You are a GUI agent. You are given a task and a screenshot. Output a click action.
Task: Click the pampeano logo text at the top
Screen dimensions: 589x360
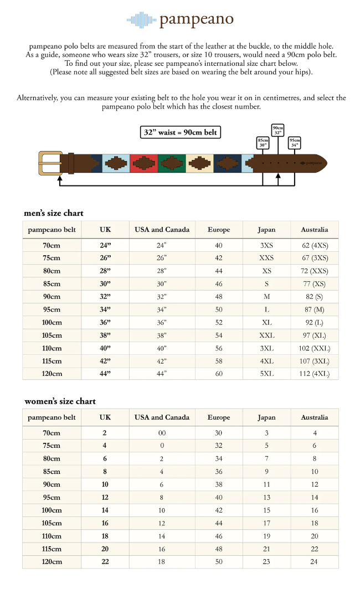pyautogui.click(x=196, y=20)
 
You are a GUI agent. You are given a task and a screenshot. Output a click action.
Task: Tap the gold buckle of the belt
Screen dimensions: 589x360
pyautogui.click(x=49, y=162)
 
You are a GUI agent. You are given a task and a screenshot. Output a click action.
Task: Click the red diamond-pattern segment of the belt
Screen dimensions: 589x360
pyautogui.click(x=143, y=163)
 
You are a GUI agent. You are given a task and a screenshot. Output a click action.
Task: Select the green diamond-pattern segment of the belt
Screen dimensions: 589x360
pyautogui.click(x=172, y=163)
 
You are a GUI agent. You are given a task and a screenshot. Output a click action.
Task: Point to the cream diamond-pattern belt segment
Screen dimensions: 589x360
pyautogui.click(x=199, y=163)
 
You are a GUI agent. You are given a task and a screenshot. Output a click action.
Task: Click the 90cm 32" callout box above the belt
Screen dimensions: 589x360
pyautogui.click(x=277, y=130)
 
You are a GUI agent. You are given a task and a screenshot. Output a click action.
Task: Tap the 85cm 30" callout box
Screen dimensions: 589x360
pyautogui.click(x=263, y=143)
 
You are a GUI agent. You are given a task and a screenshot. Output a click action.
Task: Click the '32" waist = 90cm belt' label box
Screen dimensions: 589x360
pyautogui.click(x=181, y=133)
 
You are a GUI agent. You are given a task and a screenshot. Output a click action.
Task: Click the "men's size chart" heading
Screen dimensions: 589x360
pyautogui.click(x=54, y=213)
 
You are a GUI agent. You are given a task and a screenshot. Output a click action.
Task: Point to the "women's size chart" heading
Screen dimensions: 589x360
pyautogui.click(x=60, y=401)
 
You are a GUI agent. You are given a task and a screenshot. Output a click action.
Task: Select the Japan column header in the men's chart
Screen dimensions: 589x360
pyautogui.click(x=266, y=229)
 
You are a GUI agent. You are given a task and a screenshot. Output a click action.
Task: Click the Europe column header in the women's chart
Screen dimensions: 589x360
pyautogui.click(x=219, y=417)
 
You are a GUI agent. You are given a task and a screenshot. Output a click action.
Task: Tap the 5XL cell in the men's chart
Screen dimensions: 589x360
pyautogui.click(x=266, y=374)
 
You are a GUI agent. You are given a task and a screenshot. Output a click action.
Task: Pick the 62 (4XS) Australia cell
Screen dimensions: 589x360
pyautogui.click(x=314, y=245)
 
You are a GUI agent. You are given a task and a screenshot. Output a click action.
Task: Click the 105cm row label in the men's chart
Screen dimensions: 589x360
pyautogui.click(x=52, y=335)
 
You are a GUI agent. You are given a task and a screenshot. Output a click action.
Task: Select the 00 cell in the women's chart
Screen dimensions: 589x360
pyautogui.click(x=162, y=433)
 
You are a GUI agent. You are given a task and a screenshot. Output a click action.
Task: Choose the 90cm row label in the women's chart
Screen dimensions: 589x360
pyautogui.click(x=52, y=484)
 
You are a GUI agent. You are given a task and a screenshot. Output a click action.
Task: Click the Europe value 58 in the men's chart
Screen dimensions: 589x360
pyautogui.click(x=219, y=361)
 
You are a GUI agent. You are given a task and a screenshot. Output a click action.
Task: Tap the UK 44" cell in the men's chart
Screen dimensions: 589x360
pyautogui.click(x=105, y=374)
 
